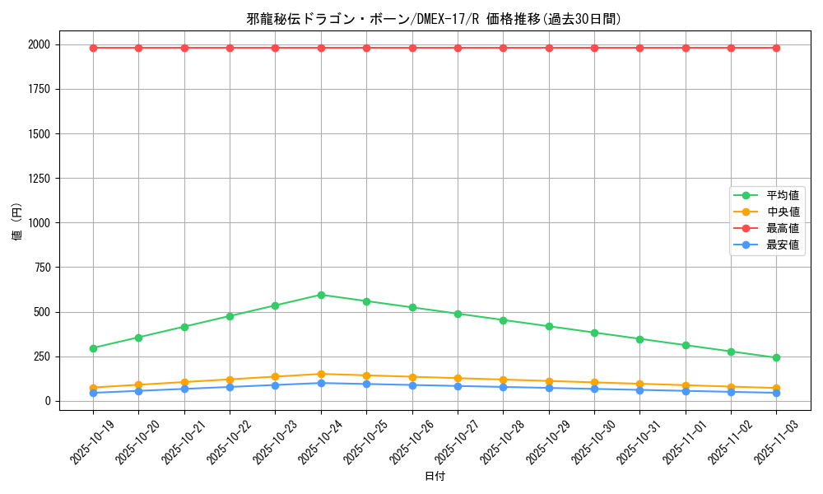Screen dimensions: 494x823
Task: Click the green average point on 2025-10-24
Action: [321, 295]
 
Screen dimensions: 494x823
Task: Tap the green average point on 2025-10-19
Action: [93, 348]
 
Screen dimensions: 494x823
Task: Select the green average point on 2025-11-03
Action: [776, 357]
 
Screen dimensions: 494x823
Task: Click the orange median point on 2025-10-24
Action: [321, 374]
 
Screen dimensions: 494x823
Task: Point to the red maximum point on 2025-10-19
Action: [93, 48]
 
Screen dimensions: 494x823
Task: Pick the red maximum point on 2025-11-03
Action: [776, 48]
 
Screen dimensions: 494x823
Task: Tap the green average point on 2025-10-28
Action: [503, 320]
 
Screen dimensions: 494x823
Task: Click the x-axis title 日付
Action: [435, 476]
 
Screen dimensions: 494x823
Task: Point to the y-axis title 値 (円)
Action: [16, 222]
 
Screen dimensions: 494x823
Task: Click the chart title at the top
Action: [434, 19]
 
